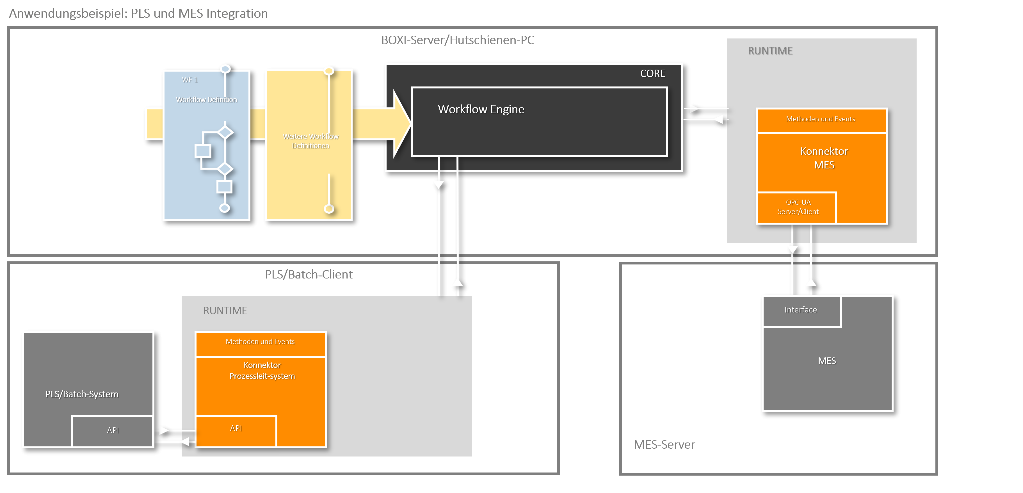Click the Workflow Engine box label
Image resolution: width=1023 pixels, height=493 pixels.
[481, 109]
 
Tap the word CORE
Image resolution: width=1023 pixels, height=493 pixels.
[652, 74]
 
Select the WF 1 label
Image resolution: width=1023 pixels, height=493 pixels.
[190, 80]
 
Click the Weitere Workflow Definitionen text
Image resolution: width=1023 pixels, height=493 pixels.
[310, 141]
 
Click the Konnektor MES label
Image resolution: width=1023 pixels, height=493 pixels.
[824, 158]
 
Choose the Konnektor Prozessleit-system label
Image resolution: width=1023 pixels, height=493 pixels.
[262, 371]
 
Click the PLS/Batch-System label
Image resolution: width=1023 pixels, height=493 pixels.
[82, 394]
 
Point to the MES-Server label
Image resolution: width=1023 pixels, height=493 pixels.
[664, 444]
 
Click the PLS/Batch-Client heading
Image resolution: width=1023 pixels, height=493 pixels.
[309, 275]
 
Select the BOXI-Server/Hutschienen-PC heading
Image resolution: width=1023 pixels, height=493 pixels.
[458, 40]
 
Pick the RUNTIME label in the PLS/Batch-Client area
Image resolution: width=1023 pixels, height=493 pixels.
[225, 311]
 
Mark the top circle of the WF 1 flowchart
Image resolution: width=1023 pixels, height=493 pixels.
[225, 69]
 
